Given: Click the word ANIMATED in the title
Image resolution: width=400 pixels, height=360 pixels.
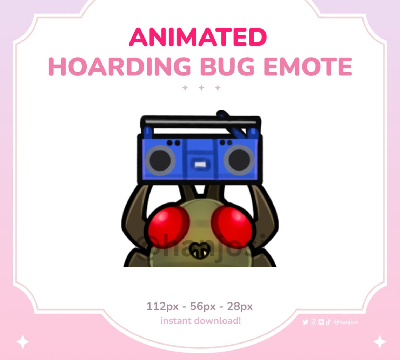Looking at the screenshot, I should (x=198, y=37).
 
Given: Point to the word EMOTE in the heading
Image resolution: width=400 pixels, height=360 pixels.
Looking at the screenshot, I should (x=308, y=67).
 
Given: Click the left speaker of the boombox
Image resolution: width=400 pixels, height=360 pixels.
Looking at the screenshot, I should (x=160, y=160).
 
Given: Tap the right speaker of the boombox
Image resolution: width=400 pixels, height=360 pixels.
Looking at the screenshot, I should (x=239, y=160).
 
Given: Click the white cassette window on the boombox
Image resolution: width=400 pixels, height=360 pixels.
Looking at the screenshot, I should (x=200, y=164).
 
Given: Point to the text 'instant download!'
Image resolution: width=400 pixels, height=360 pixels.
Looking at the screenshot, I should (x=201, y=321).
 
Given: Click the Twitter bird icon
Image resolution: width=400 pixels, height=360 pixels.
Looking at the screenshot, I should (x=305, y=322).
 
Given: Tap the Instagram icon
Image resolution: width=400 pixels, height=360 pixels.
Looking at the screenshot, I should (x=313, y=322).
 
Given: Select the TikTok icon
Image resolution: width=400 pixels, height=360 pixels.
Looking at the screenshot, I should (x=328, y=322).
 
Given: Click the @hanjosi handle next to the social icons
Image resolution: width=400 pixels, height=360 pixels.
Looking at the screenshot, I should (x=346, y=322).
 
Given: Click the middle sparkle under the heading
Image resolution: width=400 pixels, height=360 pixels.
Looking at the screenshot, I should (x=201, y=88).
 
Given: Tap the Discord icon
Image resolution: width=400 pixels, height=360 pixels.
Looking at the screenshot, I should (x=321, y=322).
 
